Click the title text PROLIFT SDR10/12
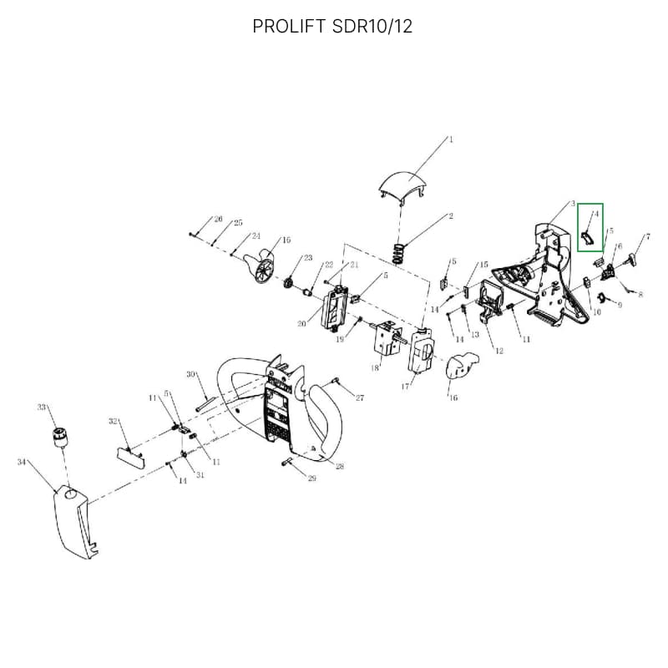pos(332,27)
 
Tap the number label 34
pos(21,461)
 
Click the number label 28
pos(340,466)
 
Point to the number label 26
pos(218,220)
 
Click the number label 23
pos(308,258)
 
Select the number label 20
pos(301,324)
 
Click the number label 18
pos(375,368)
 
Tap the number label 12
pos(499,351)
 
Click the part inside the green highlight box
pos(590,239)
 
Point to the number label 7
pos(647,237)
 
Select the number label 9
pos(619,306)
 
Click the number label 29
pos(312,478)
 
